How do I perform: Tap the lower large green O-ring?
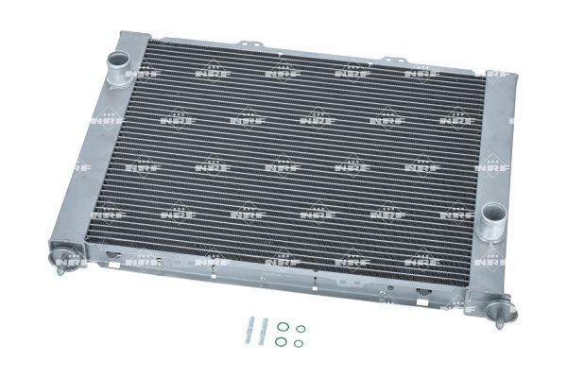pyautogui.click(x=282, y=342)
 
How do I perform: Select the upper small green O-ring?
pyautogui.click(x=300, y=329)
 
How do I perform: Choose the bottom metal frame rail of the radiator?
pyautogui.click(x=283, y=283)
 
